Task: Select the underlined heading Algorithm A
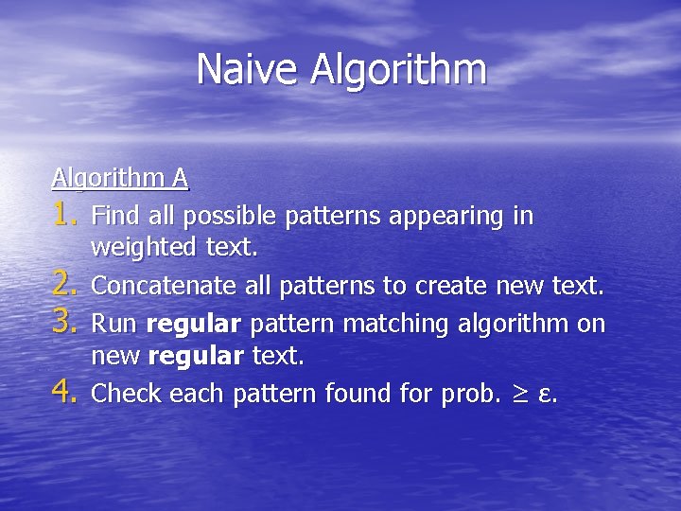[x=120, y=178]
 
